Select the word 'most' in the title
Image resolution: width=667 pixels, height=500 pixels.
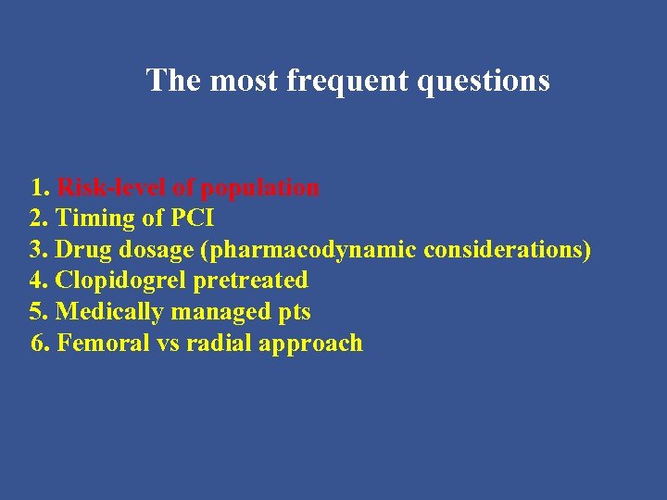tap(245, 81)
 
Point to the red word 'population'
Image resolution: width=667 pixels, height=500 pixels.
tap(260, 188)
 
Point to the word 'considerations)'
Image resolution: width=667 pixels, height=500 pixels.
tap(508, 250)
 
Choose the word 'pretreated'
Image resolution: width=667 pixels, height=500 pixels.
tap(250, 281)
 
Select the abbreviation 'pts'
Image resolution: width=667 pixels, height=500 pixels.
tap(294, 313)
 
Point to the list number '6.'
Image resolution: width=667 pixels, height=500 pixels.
tap(41, 344)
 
